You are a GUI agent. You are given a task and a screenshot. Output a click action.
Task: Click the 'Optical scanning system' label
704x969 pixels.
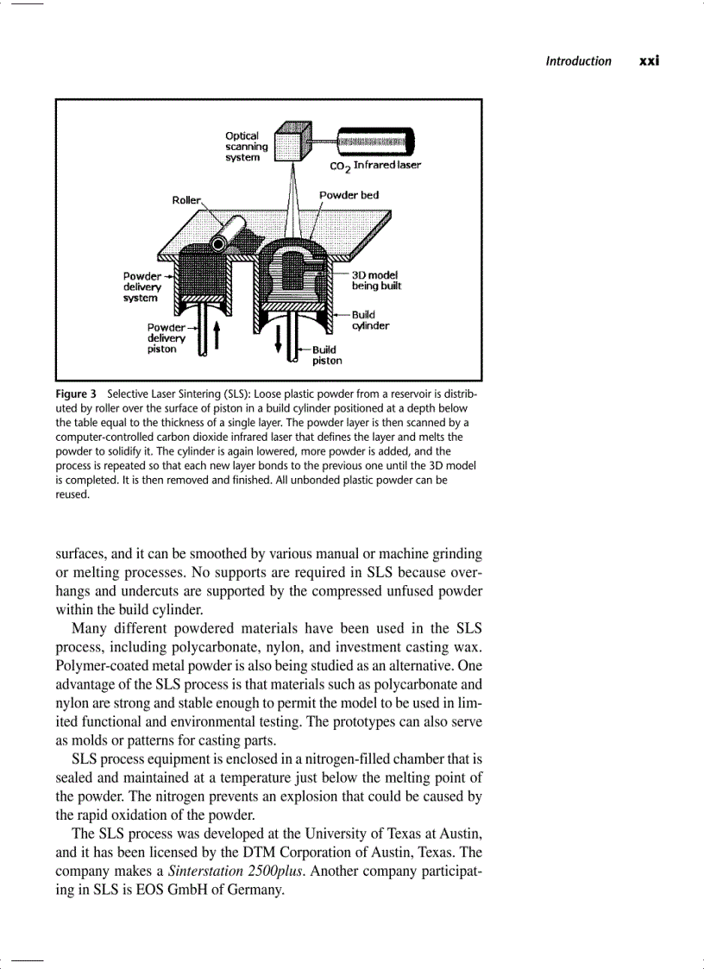246,147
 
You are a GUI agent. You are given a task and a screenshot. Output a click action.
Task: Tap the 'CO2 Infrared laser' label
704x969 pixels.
375,165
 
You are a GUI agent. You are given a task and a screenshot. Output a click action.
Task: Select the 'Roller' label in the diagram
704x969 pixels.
186,200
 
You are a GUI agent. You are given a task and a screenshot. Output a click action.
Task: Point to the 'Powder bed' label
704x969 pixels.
349,195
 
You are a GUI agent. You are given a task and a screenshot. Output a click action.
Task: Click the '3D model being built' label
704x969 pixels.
375,280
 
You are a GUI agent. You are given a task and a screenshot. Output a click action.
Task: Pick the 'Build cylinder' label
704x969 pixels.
370,320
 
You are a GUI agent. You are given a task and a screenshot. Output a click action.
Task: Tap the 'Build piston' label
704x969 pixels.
326,356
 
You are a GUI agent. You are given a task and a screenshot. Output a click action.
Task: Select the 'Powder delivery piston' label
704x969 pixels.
166,338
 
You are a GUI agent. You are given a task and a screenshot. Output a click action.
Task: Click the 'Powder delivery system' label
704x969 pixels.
141,286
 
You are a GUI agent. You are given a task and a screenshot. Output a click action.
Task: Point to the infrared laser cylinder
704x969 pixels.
374,142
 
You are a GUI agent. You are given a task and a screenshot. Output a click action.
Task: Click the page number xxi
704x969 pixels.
649,61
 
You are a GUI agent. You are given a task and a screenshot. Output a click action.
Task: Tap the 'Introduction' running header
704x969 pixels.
578,61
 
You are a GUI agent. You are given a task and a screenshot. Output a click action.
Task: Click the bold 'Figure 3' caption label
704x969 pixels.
76,394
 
